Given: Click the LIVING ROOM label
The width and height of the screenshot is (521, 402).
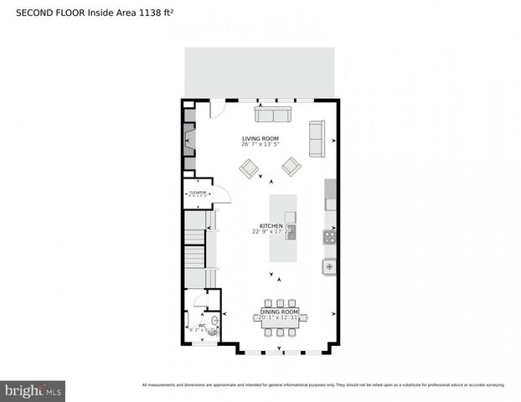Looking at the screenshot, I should pyautogui.click(x=260, y=138).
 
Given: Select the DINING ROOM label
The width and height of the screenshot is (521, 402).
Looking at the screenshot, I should pyautogui.click(x=279, y=312).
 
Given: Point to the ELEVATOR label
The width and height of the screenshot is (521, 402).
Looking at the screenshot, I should pyautogui.click(x=198, y=193).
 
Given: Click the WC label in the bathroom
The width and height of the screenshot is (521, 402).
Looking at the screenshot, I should pyautogui.click(x=202, y=325).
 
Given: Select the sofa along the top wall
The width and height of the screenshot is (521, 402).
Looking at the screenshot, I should pyautogui.click(x=273, y=115).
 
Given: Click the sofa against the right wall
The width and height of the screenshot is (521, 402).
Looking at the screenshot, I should pyautogui.click(x=317, y=138).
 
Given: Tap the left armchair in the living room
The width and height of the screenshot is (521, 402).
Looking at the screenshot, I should pyautogui.click(x=250, y=168).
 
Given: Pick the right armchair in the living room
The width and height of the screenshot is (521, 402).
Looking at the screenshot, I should pyautogui.click(x=291, y=167).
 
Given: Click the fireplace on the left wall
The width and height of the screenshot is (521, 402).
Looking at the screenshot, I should pyautogui.click(x=190, y=140).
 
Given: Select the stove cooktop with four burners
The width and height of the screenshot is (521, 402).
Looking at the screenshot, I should pyautogui.click(x=330, y=237).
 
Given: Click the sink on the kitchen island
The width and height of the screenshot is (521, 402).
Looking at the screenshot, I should pyautogui.click(x=290, y=218).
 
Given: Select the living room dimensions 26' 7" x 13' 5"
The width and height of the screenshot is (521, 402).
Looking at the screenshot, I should pyautogui.click(x=260, y=145).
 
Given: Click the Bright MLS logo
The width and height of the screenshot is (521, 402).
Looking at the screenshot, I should pyautogui.click(x=34, y=390).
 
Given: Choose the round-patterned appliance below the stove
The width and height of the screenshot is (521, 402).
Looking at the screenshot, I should pyautogui.click(x=330, y=267).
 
